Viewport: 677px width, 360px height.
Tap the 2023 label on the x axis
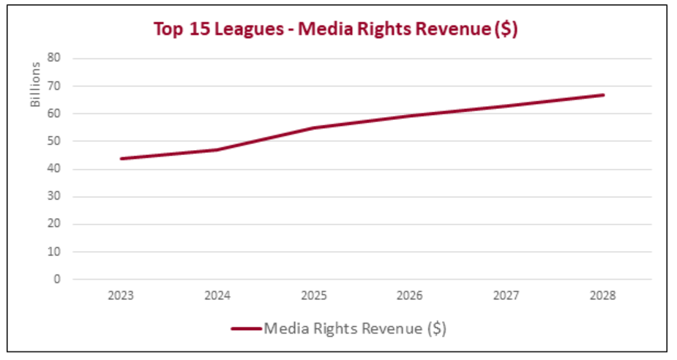pyautogui.click(x=121, y=296)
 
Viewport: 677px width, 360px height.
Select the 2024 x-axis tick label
pyautogui.click(x=217, y=296)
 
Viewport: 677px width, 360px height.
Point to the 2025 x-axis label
pyautogui.click(x=314, y=296)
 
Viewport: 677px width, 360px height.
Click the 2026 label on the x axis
pyautogui.click(x=411, y=296)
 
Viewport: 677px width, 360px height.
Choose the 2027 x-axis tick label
pyautogui.click(x=507, y=296)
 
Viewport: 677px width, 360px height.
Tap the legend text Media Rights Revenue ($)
pyautogui.click(x=354, y=329)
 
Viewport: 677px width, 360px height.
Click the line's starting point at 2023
pyautogui.click(x=121, y=158)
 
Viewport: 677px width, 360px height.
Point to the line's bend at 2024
pyautogui.click(x=217, y=150)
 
